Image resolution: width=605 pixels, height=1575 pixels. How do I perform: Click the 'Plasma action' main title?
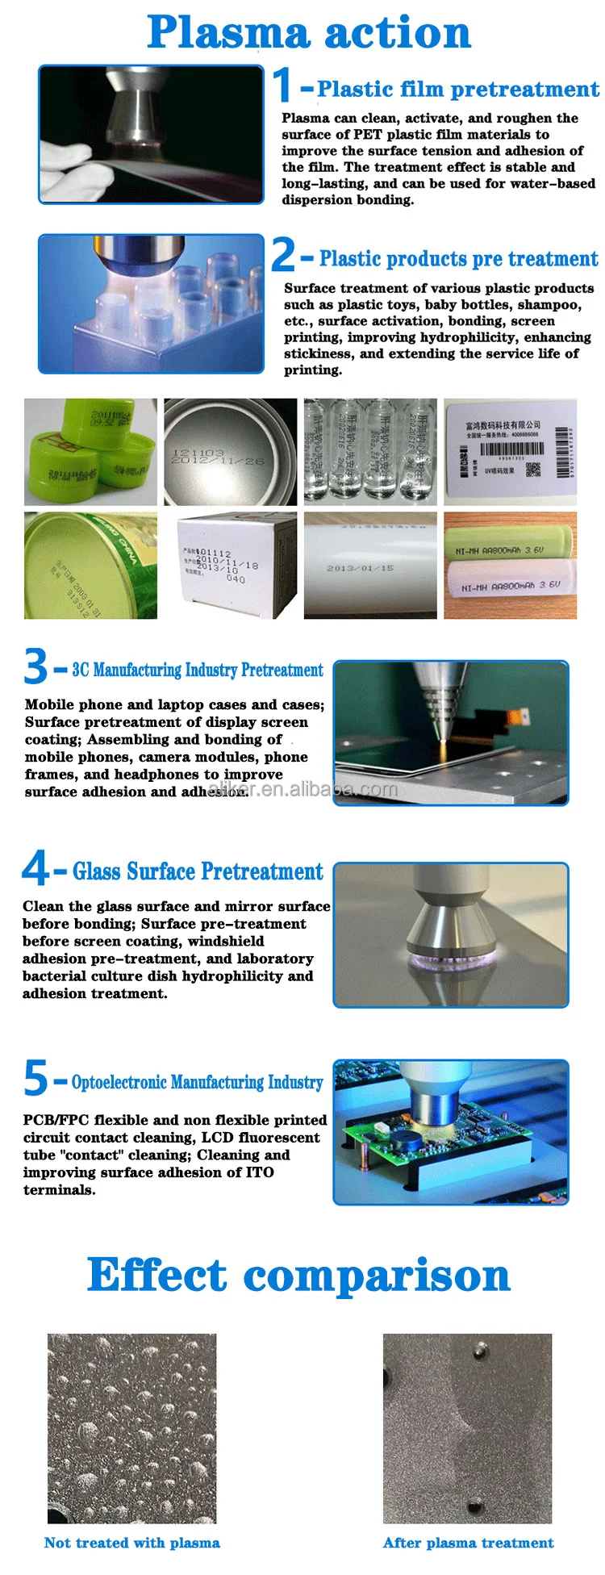point(309,33)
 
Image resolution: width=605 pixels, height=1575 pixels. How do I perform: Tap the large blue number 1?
point(282,86)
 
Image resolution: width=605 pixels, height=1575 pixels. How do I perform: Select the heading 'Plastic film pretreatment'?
point(457,89)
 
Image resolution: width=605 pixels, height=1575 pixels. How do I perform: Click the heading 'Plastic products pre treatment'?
point(458,259)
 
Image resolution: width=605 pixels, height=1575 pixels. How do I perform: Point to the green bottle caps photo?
point(90,452)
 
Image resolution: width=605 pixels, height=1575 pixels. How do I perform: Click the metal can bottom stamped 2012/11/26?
point(230,452)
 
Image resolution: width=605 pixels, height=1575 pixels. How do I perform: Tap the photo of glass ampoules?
point(370,452)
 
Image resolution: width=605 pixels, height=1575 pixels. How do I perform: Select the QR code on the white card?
point(533,470)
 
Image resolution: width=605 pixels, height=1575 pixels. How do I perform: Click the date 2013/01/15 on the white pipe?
point(360,568)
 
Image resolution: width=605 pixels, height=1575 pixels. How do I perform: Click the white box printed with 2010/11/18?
point(230,566)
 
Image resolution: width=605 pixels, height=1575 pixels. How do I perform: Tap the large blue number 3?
point(35,667)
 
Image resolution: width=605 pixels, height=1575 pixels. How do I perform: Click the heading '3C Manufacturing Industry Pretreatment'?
point(198,670)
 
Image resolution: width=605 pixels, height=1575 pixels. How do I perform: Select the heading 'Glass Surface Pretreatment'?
point(198,871)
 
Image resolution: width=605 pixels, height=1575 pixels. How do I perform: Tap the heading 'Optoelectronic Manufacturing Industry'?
point(198,1082)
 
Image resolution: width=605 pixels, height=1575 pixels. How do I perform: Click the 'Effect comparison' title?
point(298,1276)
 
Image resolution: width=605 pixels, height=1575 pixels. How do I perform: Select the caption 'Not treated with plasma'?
point(132,1543)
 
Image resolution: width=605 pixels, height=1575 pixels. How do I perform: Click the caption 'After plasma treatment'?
point(468,1543)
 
